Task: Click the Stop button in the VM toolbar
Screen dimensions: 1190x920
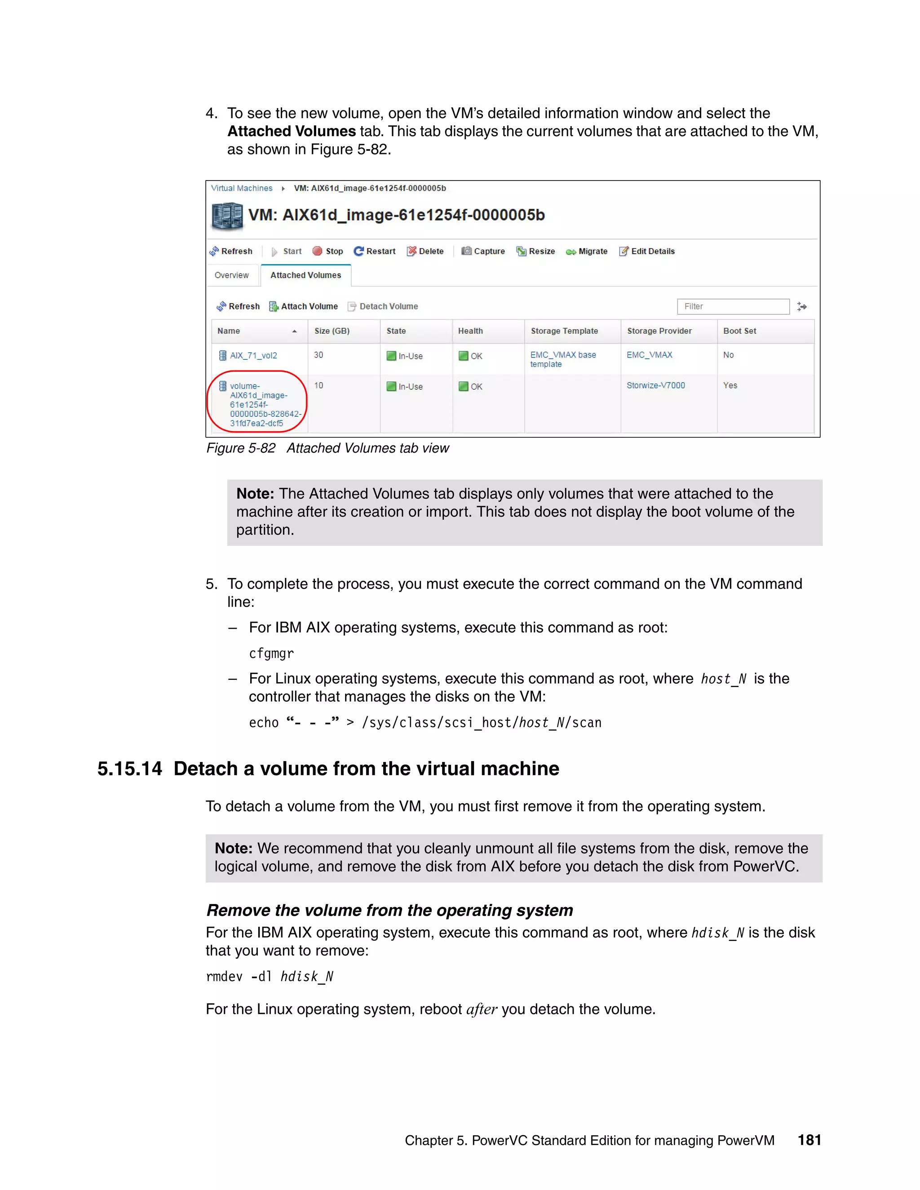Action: (327, 251)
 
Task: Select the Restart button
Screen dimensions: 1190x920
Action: (375, 251)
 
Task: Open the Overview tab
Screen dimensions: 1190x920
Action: (232, 275)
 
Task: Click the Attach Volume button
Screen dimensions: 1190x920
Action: (304, 306)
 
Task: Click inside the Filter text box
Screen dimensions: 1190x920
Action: (733, 306)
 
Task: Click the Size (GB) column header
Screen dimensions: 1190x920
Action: (332, 331)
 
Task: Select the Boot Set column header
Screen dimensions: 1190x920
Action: (739, 331)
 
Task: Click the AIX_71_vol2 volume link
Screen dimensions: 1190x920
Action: (253, 355)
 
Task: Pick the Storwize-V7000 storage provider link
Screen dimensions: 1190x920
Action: (656, 385)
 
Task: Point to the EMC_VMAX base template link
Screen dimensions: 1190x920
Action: (562, 359)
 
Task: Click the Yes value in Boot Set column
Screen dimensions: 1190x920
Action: (730, 385)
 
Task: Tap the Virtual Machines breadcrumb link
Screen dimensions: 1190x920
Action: (241, 188)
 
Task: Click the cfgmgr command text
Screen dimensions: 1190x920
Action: (271, 653)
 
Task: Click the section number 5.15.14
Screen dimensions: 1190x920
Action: (130, 768)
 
